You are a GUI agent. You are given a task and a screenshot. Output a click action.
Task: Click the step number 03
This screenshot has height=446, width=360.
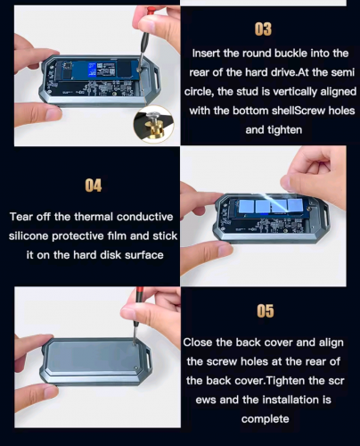point(263,29)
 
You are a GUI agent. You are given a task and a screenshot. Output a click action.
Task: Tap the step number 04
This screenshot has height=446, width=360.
point(94,186)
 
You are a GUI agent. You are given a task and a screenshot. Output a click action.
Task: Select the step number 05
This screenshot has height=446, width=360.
point(266,311)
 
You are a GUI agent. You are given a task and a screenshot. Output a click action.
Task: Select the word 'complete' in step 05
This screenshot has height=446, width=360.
point(266,419)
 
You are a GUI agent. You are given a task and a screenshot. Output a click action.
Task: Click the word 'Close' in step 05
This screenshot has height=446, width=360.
point(198,343)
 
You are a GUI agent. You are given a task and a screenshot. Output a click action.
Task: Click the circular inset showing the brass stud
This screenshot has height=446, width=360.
point(153,124)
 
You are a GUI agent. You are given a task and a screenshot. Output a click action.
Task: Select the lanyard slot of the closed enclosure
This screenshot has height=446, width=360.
point(148,360)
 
